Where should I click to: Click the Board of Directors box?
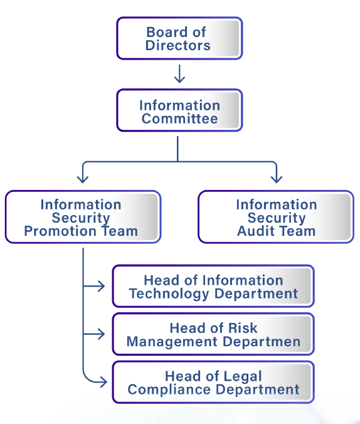179,38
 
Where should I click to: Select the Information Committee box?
179,110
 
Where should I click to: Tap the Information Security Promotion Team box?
83,217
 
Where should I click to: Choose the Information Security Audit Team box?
276,217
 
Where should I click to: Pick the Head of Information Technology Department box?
213,286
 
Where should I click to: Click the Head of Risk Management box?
213,334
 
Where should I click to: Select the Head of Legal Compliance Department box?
213,382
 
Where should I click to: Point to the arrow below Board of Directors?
179,73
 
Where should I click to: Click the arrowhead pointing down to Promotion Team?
83,179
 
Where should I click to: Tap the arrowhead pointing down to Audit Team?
277,179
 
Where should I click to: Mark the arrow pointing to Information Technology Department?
94,286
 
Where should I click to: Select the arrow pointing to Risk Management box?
94,334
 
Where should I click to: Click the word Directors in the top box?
178,45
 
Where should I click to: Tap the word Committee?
179,119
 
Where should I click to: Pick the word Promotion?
60,231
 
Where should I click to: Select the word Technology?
169,294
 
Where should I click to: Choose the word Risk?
243,328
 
